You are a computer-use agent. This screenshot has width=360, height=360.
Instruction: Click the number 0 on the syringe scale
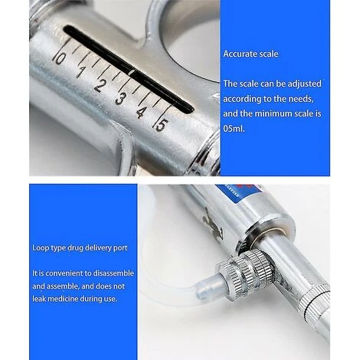[x=59, y=59]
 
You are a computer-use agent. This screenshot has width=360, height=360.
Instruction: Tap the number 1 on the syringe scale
[x=80, y=72]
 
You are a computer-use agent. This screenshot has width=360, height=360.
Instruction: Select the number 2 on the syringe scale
[x=100, y=85]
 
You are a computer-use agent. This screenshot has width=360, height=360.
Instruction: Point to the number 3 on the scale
[x=120, y=99]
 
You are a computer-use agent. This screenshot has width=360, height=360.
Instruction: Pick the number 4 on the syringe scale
[x=141, y=112]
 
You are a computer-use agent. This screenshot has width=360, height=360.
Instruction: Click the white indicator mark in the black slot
[x=132, y=72]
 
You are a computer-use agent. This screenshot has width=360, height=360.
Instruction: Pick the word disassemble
[x=113, y=273]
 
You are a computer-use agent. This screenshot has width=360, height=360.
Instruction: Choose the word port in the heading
[x=120, y=248]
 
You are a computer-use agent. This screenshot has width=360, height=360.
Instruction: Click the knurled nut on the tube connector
[x=245, y=271]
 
